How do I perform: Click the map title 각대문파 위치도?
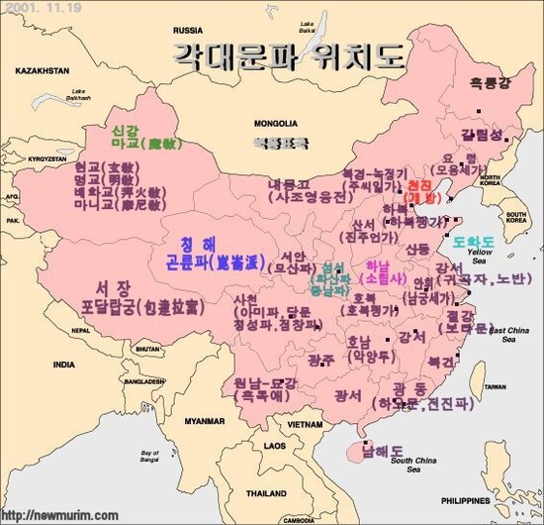(x=289, y=55)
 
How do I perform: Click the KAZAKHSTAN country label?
(x=42, y=71)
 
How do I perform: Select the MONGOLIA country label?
(x=275, y=124)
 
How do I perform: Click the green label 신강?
(x=125, y=130)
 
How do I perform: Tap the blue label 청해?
(x=202, y=244)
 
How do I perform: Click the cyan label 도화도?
(x=474, y=242)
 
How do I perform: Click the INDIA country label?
(x=63, y=365)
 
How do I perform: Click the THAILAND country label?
(x=266, y=492)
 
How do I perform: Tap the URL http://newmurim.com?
(x=60, y=515)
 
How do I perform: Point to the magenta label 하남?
(x=378, y=265)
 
